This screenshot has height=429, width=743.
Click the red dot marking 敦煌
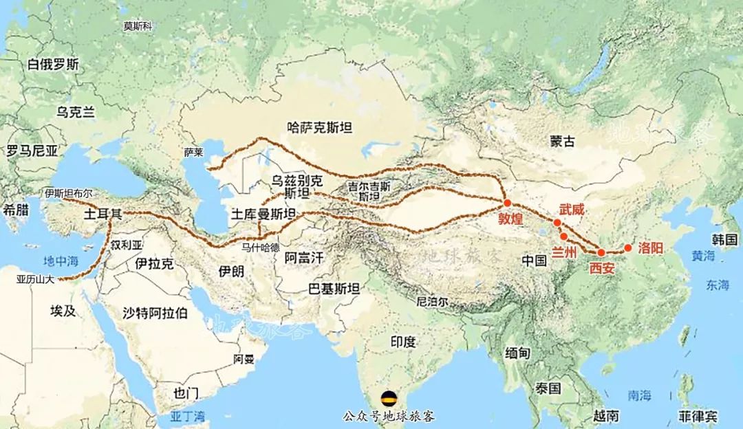point(507,203)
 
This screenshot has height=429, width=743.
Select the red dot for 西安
point(601,253)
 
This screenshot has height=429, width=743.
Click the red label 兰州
point(563,252)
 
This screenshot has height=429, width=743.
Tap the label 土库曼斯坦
point(264,213)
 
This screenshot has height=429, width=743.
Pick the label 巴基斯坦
point(335,289)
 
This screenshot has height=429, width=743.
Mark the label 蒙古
point(562,141)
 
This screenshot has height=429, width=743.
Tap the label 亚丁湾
point(188,417)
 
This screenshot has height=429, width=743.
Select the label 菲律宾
point(698,417)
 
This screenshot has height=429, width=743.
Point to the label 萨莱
point(195,152)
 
